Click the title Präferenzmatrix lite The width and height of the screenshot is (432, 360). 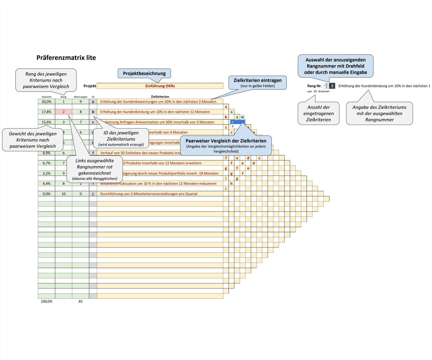[x=66, y=58]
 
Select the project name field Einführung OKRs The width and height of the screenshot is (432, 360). [x=160, y=86]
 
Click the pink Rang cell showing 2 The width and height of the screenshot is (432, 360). [x=63, y=112]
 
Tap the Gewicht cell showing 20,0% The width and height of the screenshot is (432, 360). [x=46, y=102]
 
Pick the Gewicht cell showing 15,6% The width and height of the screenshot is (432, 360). [x=46, y=122]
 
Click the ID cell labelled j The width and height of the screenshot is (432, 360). [x=93, y=194]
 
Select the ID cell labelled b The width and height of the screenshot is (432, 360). [x=93, y=112]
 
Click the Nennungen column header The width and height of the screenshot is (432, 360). [x=80, y=97]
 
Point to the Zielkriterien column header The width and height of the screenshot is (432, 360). [x=160, y=97]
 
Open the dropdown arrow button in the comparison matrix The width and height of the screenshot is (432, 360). [x=242, y=117]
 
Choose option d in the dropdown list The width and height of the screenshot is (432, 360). [x=233, y=126]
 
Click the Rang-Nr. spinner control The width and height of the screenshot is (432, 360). [x=326, y=86]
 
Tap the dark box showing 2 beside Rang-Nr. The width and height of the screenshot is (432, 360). [x=332, y=86]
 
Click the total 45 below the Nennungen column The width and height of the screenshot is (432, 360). [x=80, y=301]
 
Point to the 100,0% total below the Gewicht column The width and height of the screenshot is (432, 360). [x=46, y=301]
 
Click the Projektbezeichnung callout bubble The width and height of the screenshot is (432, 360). [x=144, y=74]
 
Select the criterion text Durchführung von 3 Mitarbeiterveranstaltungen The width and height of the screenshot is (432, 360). [x=149, y=194]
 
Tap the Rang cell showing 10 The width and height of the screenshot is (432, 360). [x=63, y=194]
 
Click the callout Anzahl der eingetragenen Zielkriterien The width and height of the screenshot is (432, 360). [x=318, y=113]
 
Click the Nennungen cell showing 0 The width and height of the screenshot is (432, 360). [x=80, y=194]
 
